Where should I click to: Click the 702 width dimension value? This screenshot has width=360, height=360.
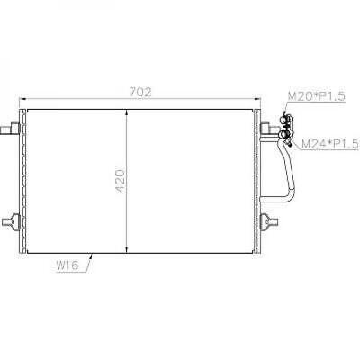pyautogui.click(x=139, y=91)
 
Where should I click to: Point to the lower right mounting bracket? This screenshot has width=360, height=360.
pyautogui.click(x=266, y=218)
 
